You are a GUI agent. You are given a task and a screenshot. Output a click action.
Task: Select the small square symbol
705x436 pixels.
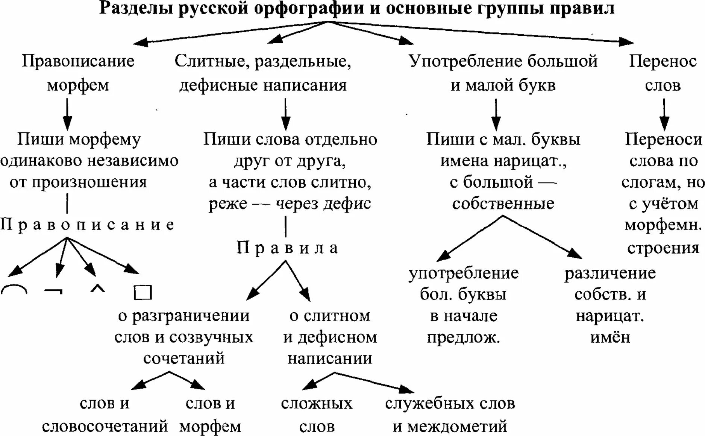point(143,292)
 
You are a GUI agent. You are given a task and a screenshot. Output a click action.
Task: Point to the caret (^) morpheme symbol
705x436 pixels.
point(98,289)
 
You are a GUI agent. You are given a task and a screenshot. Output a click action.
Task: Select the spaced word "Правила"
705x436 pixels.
point(287,248)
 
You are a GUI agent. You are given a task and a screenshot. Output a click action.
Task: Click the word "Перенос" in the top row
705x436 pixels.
point(663,61)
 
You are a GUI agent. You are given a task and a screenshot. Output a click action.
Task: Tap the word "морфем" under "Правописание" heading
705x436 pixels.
point(78,85)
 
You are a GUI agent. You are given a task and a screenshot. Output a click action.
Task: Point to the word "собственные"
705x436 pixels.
point(503,204)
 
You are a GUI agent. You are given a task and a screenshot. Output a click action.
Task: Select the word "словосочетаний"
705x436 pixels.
point(105,427)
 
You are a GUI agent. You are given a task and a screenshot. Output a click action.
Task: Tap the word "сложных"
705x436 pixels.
point(317,404)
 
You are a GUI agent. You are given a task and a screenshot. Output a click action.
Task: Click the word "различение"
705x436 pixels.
point(610,273)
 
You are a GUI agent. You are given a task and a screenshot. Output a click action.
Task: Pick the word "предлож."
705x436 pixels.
point(463,337)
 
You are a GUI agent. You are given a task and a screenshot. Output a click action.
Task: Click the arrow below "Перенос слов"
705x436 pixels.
point(664,114)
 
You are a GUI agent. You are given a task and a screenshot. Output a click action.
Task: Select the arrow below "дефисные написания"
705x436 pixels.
point(286,114)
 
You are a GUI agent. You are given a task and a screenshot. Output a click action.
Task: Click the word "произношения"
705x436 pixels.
point(89,182)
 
